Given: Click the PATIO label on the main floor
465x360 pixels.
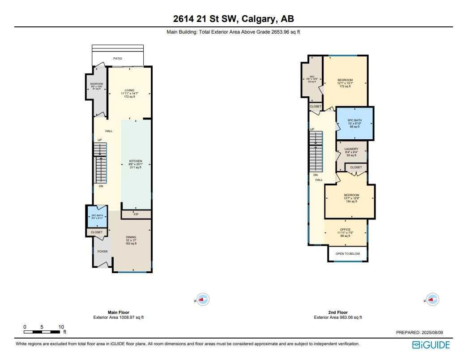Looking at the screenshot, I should [x=118, y=59].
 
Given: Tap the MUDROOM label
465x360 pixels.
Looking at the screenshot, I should [x=97, y=84].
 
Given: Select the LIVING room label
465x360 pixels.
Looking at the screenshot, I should [x=129, y=90].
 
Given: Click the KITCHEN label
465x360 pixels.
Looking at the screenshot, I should [x=136, y=161].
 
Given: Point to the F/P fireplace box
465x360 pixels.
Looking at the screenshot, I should [x=136, y=215].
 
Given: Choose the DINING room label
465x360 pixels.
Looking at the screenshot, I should [x=131, y=237].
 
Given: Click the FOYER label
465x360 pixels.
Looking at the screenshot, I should [x=102, y=252].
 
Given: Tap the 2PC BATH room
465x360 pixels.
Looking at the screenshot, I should [x=97, y=216].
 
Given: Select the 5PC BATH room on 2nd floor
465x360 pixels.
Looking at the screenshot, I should [x=354, y=123].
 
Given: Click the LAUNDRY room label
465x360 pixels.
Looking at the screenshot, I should [x=351, y=149].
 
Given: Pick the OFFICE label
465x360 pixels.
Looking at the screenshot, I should [x=345, y=230].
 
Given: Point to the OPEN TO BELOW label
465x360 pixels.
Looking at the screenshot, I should [x=348, y=253].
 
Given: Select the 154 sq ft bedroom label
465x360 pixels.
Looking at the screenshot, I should [x=351, y=195].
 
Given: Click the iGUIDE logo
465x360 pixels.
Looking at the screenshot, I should [x=431, y=345].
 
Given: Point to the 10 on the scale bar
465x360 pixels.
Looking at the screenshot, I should [x=61, y=327].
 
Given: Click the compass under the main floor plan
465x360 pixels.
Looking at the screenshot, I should [x=204, y=300].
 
